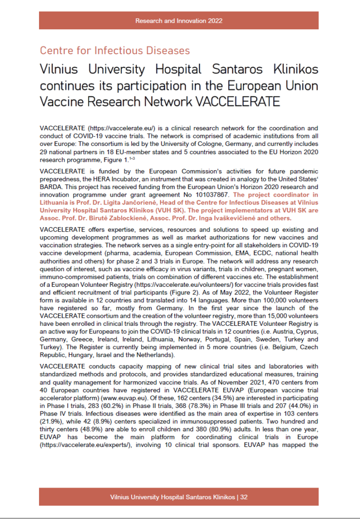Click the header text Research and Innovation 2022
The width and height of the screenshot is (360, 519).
[x=179, y=21]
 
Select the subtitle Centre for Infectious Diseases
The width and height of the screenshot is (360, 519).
[x=115, y=51]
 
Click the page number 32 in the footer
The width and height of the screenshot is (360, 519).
[x=244, y=497]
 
